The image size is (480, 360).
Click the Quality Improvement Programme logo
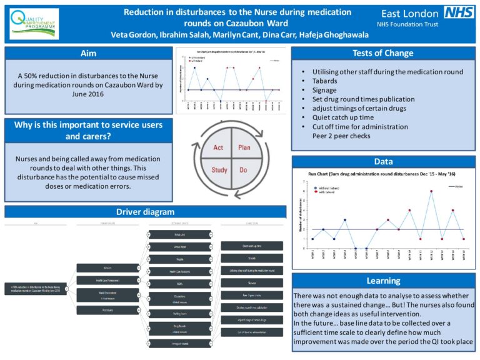[x=34, y=24]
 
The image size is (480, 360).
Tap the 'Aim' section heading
[x=88, y=53]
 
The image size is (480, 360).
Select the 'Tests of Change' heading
[x=383, y=53]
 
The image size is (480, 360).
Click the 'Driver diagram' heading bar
[x=145, y=212]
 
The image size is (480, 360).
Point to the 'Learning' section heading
[x=383, y=281]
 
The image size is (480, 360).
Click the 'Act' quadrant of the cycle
[x=219, y=147]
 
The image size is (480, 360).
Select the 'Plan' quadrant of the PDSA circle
[x=244, y=147]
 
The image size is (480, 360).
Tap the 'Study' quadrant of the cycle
[x=219, y=169]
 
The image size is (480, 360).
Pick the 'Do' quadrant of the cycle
[x=244, y=169]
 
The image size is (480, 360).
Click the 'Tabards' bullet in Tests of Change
[x=325, y=81]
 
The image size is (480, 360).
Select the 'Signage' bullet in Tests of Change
[x=324, y=90]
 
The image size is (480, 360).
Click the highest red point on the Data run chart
[x=431, y=191]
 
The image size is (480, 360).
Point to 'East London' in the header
[x=409, y=13]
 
